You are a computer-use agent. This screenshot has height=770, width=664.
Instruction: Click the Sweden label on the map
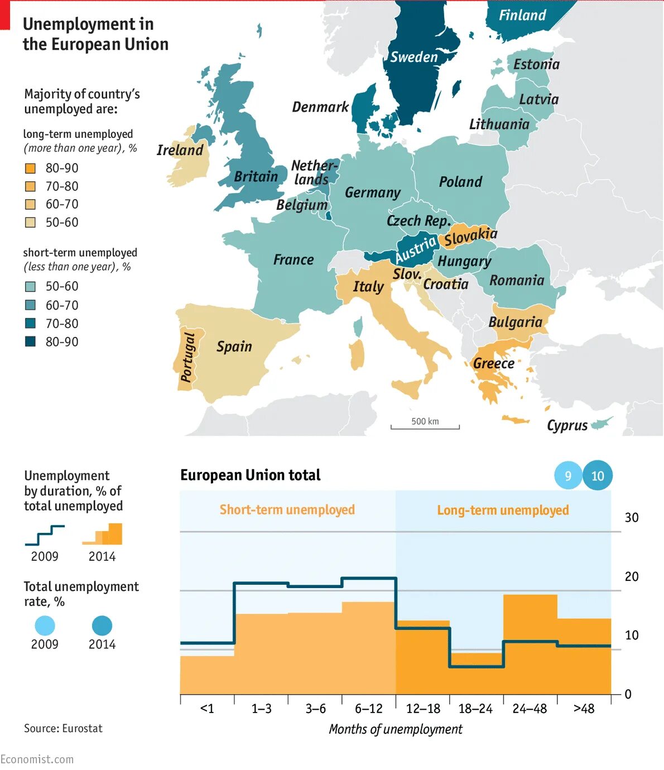point(413,57)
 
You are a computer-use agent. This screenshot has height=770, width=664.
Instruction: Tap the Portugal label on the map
point(188,357)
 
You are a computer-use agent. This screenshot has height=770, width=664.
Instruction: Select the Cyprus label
point(567,426)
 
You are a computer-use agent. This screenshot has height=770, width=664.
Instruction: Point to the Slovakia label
point(470,237)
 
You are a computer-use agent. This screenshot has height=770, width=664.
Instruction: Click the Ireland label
point(180,150)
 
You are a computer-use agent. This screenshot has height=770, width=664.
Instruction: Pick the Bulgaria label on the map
point(515,322)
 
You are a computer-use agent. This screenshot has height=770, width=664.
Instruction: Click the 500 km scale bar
point(425,426)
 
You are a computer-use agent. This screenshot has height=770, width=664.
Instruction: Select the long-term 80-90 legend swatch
point(31,168)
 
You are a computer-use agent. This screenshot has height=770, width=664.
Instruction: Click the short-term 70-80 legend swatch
point(31,324)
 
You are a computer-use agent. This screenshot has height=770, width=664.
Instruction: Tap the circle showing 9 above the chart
point(568,476)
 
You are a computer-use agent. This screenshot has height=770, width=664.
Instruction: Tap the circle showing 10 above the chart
point(598,476)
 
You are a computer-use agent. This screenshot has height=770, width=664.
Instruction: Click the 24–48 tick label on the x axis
point(530,709)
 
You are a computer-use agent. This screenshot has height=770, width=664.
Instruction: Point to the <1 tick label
point(207,709)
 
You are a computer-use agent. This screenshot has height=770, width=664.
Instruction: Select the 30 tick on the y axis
point(632,518)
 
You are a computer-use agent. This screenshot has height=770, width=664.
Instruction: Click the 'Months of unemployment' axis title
point(396,729)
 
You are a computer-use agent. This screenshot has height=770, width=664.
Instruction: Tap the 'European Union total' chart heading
point(250,475)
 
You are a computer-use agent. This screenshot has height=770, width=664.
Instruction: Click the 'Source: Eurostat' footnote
point(63,728)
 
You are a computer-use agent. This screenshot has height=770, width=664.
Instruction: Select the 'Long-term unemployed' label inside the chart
point(503,510)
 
